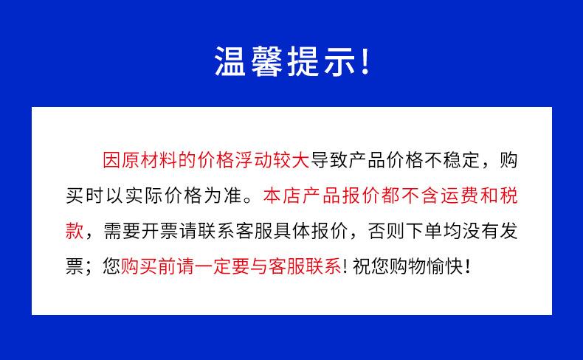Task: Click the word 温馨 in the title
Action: click(249, 62)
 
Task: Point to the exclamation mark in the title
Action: click(365, 62)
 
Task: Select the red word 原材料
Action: click(150, 161)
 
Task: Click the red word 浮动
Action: click(254, 161)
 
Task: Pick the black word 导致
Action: click(329, 161)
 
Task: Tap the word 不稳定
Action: click(452, 161)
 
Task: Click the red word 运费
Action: click(460, 195)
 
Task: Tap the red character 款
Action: click(75, 231)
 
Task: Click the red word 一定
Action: click(213, 266)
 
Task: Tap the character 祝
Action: click(361, 266)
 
